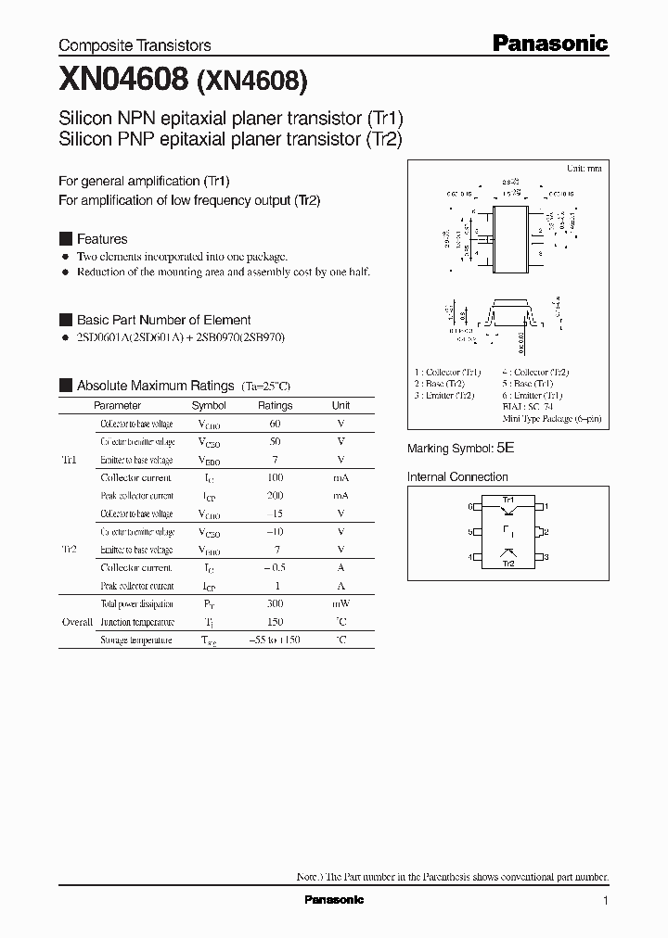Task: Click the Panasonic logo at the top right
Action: click(548, 43)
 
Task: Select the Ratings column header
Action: click(275, 405)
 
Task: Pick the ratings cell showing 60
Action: click(275, 424)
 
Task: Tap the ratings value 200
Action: click(275, 496)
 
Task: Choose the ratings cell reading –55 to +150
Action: click(275, 640)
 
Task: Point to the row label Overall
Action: click(77, 622)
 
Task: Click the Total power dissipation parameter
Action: click(136, 604)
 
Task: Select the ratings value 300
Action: click(275, 604)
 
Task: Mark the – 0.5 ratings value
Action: click(275, 568)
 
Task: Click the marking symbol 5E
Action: click(505, 448)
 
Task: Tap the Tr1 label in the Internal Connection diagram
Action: click(508, 500)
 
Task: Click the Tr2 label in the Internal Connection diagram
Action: click(508, 564)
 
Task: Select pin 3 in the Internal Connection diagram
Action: click(547, 557)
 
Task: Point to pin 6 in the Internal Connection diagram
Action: click(470, 507)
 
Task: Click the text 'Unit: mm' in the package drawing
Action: click(584, 169)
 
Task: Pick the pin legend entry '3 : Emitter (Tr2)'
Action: click(444, 395)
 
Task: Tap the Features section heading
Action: click(101, 238)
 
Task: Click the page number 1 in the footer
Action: click(605, 901)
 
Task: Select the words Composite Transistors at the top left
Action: click(135, 44)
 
